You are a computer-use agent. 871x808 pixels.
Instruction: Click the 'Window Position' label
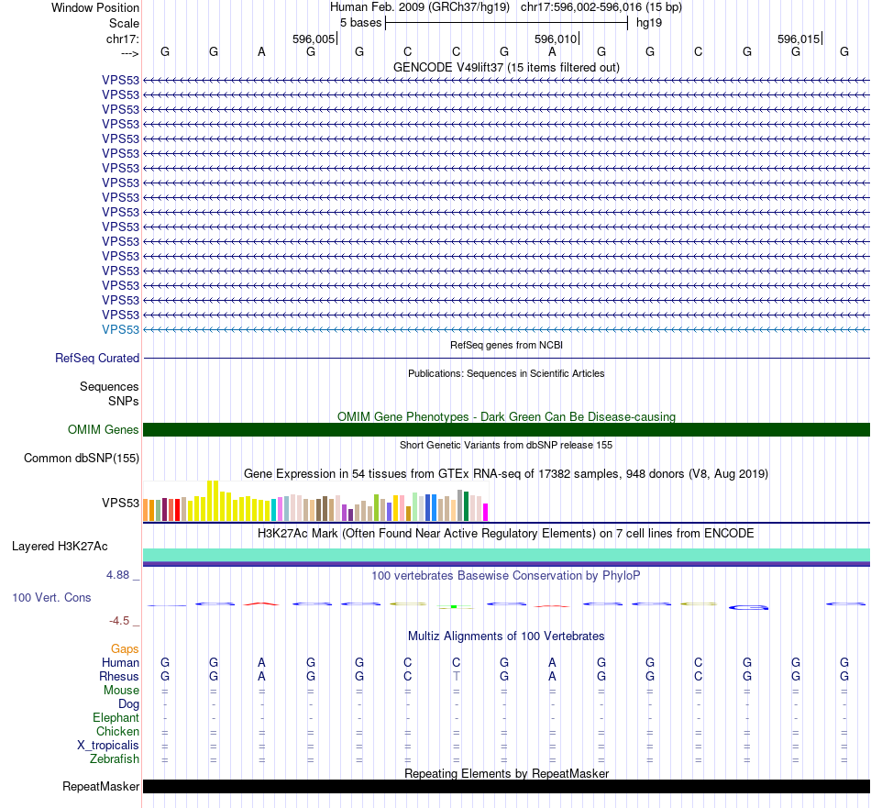[95, 7]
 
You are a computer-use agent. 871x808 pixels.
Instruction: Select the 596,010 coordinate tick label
[556, 39]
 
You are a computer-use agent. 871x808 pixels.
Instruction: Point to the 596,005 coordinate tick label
[314, 39]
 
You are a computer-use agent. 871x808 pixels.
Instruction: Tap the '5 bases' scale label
[360, 22]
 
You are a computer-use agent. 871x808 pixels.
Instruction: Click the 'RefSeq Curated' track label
[97, 359]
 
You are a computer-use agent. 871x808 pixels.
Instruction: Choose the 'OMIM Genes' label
[104, 429]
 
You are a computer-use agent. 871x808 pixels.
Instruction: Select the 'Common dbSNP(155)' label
[82, 459]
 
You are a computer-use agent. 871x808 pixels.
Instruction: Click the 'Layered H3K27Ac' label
[60, 547]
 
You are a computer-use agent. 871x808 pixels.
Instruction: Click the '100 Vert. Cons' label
[51, 597]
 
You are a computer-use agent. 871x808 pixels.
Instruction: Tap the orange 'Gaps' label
[125, 648]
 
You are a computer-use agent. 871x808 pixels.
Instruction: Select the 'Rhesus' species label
[119, 676]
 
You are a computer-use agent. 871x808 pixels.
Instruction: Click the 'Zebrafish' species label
[115, 758]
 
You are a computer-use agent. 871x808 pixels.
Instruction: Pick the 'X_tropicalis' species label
[108, 745]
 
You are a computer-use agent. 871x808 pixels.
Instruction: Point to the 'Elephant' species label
[116, 717]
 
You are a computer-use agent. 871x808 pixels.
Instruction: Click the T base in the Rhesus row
[456, 676]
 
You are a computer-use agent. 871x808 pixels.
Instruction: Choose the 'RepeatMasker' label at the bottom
[101, 787]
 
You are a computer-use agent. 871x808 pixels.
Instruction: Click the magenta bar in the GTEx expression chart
[486, 512]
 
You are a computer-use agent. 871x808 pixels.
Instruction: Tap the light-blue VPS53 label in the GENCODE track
[121, 329]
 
